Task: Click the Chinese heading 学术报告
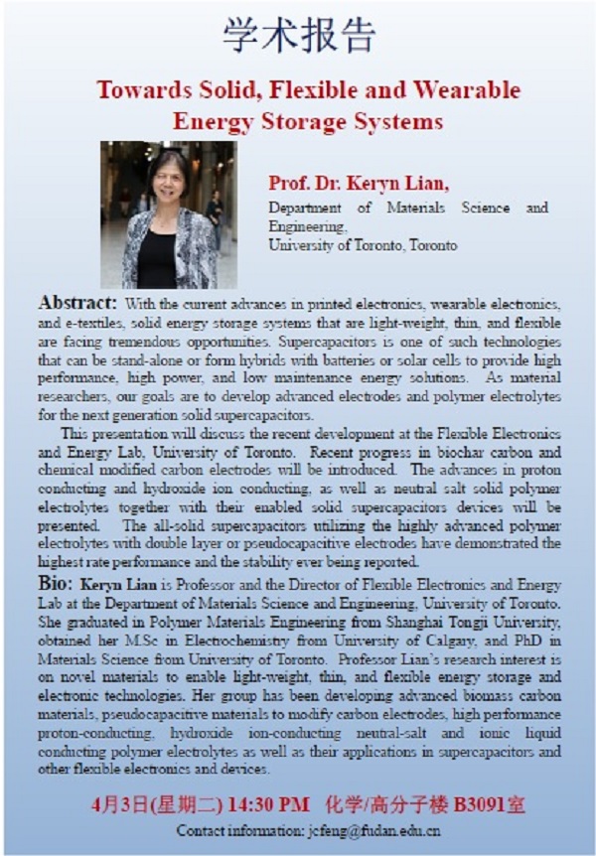pos(298,36)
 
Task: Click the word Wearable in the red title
pos(462,90)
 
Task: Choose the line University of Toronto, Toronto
pos(363,244)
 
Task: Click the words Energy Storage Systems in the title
pos(308,122)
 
